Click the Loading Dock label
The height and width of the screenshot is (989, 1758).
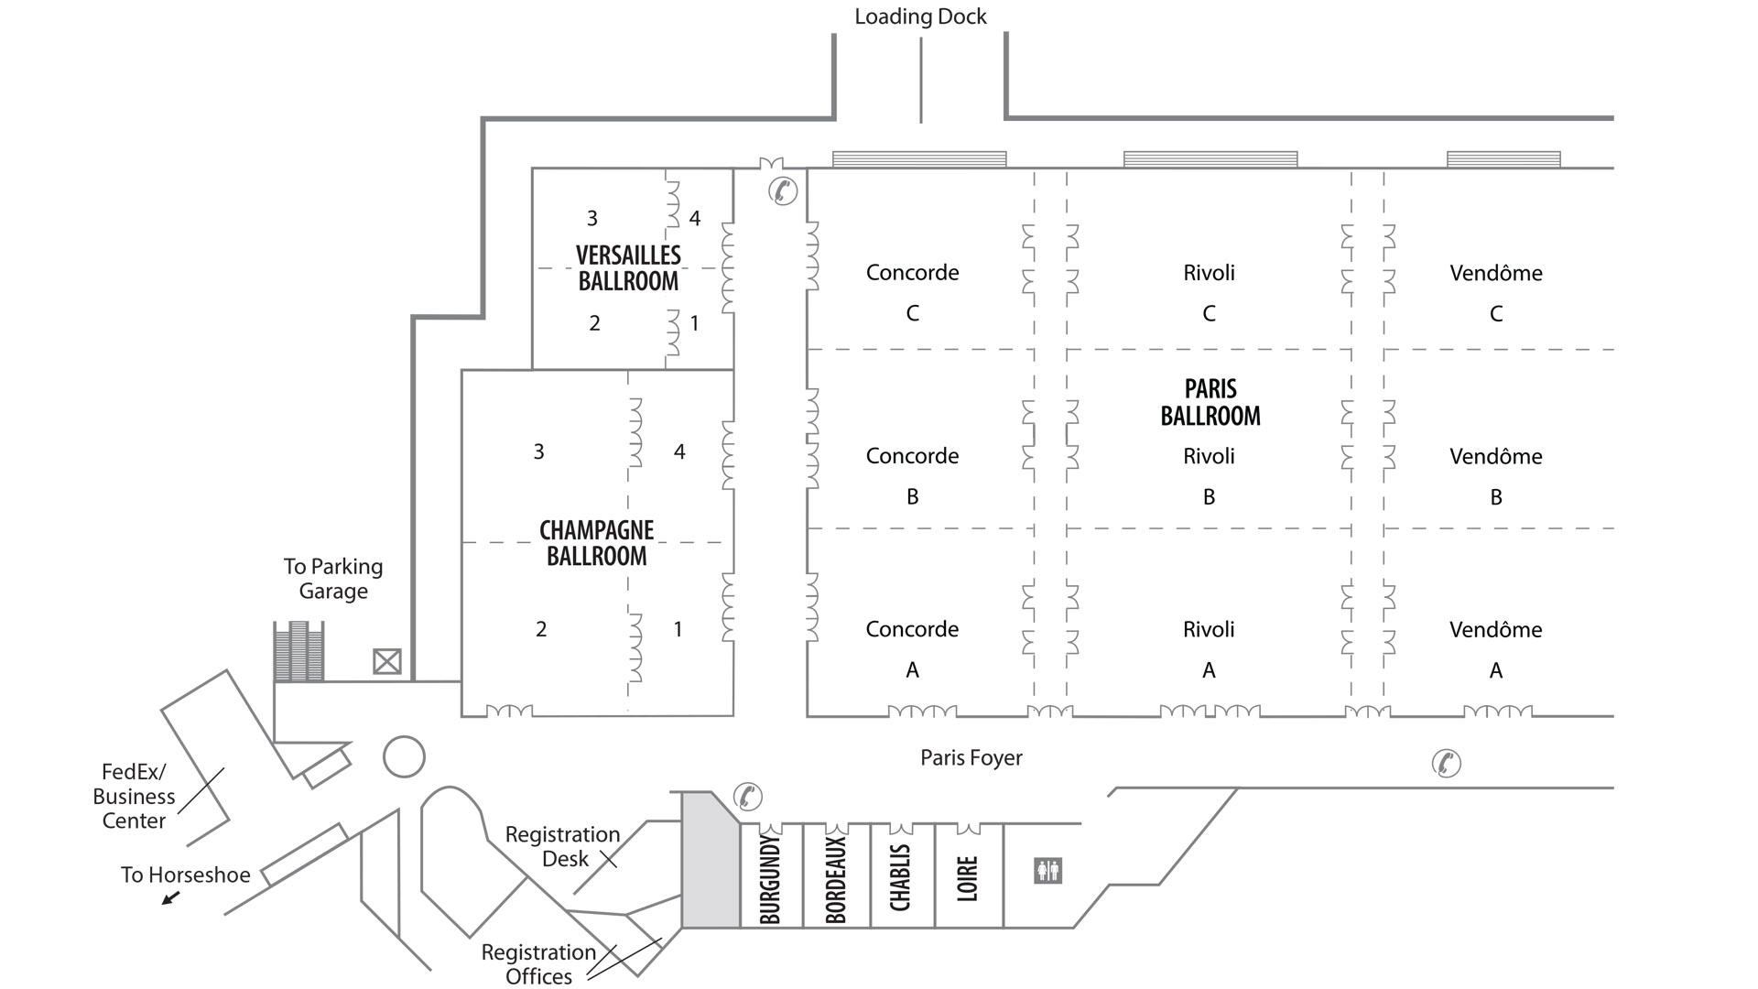click(920, 16)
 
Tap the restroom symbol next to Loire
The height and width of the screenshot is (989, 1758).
click(1047, 870)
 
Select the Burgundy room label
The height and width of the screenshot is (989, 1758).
click(771, 879)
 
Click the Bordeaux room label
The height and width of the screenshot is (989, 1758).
click(836, 879)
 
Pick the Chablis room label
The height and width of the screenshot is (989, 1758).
click(901, 877)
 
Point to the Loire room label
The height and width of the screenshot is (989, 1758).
click(968, 878)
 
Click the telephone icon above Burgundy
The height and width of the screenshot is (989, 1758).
click(747, 796)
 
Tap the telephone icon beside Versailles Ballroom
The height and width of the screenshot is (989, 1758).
click(783, 190)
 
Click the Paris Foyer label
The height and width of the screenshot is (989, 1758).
click(971, 757)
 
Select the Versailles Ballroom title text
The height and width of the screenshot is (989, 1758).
click(628, 267)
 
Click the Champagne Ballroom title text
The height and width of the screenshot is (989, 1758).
click(596, 543)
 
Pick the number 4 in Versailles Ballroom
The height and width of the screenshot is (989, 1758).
click(695, 218)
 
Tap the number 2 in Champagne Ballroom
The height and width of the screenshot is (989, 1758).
click(541, 629)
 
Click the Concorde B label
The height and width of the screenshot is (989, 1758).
click(912, 474)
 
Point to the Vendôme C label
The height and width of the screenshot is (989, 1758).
click(1495, 291)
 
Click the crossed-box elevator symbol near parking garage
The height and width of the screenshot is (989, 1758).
click(387, 661)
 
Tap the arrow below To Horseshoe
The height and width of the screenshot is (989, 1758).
click(170, 898)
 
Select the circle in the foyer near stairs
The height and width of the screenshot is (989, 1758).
click(404, 757)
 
